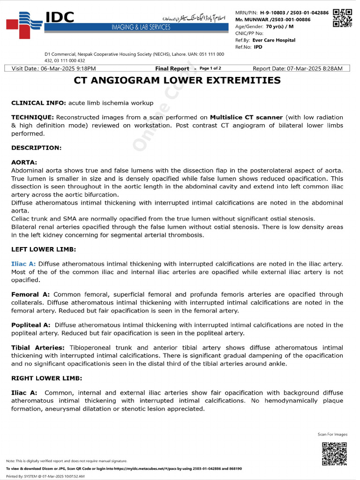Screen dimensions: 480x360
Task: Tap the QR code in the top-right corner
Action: click(x=342, y=18)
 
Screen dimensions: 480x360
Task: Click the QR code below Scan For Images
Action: click(x=334, y=453)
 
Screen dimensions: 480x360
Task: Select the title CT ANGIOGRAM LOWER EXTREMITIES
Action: click(x=177, y=81)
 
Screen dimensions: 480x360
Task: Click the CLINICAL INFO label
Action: click(x=38, y=103)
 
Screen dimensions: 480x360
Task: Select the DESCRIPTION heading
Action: click(x=36, y=148)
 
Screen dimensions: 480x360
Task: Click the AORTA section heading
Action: click(x=24, y=162)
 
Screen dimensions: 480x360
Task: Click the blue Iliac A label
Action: click(x=23, y=264)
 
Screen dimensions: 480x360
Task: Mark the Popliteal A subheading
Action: click(x=30, y=325)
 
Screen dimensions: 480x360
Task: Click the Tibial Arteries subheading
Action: click(x=38, y=348)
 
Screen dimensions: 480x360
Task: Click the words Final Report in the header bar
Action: click(x=172, y=68)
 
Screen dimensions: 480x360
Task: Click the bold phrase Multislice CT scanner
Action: click(x=246, y=117)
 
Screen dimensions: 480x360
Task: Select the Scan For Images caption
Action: click(x=332, y=435)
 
